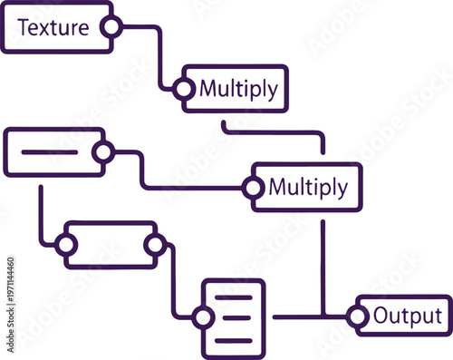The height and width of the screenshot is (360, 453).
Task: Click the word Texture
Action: pos(53,27)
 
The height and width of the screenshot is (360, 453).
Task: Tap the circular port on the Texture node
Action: pos(111,27)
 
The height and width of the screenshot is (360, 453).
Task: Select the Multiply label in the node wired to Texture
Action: pos(238,89)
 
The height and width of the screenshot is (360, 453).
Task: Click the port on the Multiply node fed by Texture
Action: pos(184,89)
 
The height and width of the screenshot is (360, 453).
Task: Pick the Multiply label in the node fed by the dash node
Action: pos(308,188)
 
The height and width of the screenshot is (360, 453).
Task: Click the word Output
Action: pos(408,316)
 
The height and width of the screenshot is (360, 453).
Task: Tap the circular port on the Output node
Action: pos(358,316)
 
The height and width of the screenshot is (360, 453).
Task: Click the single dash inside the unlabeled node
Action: pos(49,151)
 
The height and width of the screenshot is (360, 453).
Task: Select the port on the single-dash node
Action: pos(103,152)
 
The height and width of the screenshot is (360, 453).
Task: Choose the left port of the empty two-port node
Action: pos(64,244)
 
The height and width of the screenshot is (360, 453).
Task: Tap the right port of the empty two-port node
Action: pos(155,244)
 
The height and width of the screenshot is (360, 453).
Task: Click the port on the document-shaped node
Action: pos(203,317)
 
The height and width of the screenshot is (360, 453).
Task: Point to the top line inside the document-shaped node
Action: pos(236,297)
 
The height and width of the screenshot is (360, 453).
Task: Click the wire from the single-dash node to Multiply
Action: pos(141,172)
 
